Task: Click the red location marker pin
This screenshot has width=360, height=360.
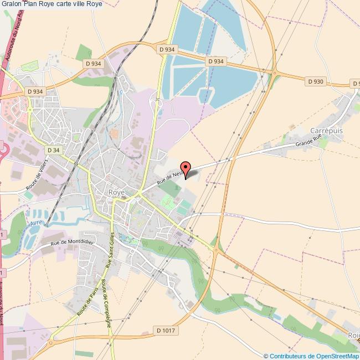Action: (x=186, y=168)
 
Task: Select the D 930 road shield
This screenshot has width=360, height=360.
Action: (x=315, y=81)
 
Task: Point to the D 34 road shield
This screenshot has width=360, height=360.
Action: (x=54, y=150)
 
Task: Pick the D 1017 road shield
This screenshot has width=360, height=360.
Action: (x=166, y=331)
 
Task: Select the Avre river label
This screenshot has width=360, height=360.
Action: (x=35, y=224)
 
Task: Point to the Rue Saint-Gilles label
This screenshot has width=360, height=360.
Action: (x=111, y=251)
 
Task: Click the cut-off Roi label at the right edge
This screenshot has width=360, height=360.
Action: (x=353, y=335)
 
